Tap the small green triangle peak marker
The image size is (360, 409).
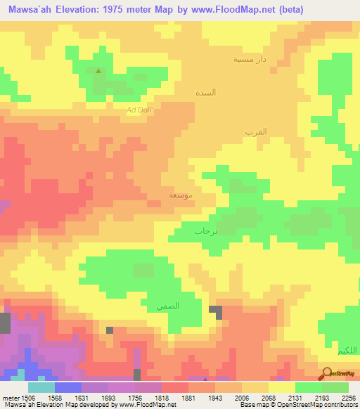tap(98, 70)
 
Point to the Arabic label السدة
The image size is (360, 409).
tap(206, 93)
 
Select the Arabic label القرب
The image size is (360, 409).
tap(255, 132)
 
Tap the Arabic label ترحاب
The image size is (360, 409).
tap(206, 231)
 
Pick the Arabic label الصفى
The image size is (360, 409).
tap(168, 306)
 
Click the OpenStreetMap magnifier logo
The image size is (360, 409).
tap(326, 372)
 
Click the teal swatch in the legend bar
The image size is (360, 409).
tap(41, 387)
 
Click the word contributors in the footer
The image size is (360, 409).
tap(341, 404)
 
